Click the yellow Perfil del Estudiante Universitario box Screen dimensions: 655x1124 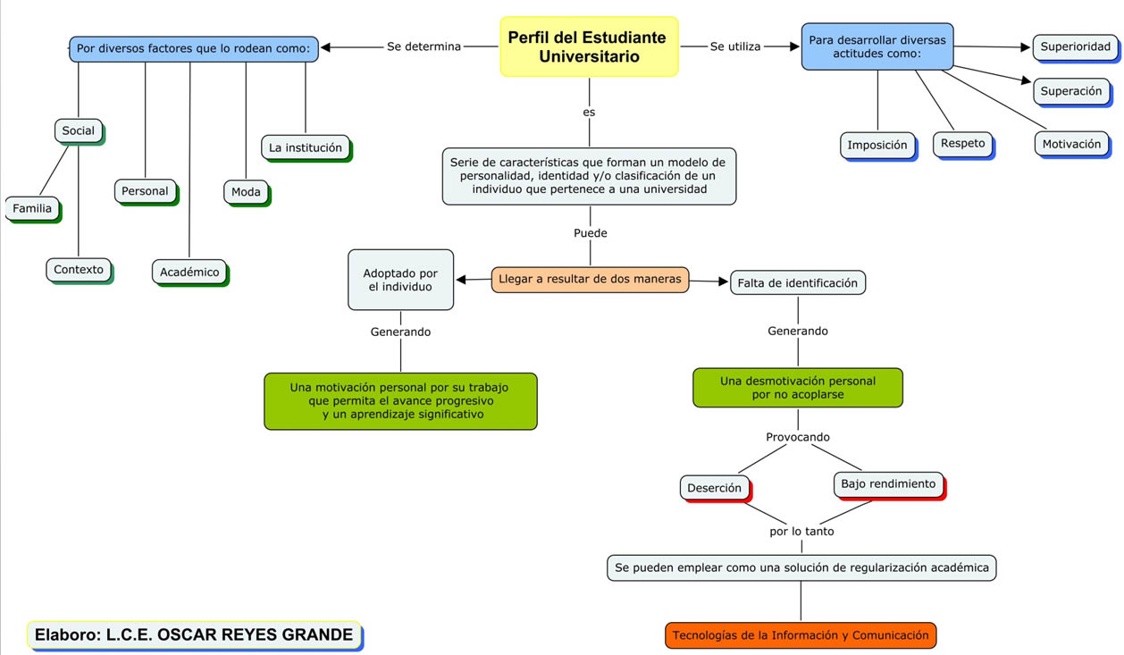coord(589,46)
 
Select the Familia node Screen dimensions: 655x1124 coord(32,209)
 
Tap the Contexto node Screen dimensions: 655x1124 coord(79,270)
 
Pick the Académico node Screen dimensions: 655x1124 coord(189,273)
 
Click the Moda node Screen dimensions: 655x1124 coord(246,192)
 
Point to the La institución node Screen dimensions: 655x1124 coord(306,147)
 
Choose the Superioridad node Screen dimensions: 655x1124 coord(1075,47)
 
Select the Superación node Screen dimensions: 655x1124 coord(1071,91)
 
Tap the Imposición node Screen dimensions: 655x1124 coord(877,145)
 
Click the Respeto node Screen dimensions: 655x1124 coord(962,143)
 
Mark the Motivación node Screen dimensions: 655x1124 coord(1071,144)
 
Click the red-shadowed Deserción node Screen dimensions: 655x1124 coord(714,488)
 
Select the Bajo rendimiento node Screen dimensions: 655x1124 coord(888,484)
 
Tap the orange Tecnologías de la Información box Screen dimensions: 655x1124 coord(801,635)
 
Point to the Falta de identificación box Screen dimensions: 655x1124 coord(798,283)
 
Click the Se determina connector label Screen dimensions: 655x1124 coord(424,46)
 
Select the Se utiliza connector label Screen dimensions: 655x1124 coord(735,46)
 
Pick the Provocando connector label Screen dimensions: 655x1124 coord(798,437)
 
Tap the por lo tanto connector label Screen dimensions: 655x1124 coord(801,531)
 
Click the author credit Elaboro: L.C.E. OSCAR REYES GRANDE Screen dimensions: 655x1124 coord(194,634)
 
